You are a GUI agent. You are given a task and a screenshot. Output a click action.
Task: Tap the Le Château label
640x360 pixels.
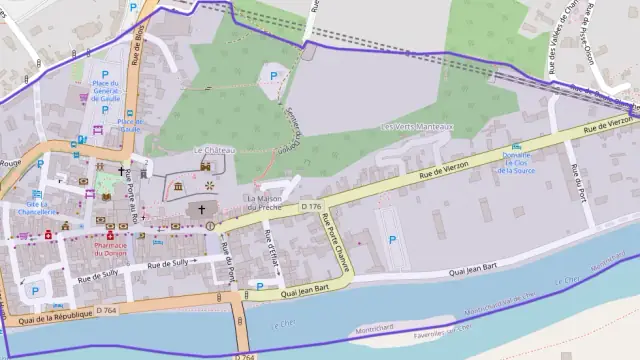click(x=214, y=150)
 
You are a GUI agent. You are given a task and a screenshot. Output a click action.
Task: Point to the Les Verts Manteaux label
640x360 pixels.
click(x=418, y=127)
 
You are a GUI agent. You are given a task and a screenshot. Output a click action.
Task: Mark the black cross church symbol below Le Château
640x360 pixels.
click(x=202, y=210)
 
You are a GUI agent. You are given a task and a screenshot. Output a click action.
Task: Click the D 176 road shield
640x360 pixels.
click(x=311, y=206)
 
